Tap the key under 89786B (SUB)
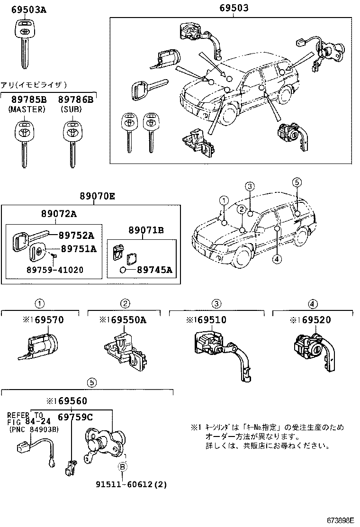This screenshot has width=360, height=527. [72, 142]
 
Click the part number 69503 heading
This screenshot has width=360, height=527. [234, 8]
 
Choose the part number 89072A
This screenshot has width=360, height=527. [58, 214]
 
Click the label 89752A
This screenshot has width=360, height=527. [76, 236]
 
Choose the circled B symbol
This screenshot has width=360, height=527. [122, 467]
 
